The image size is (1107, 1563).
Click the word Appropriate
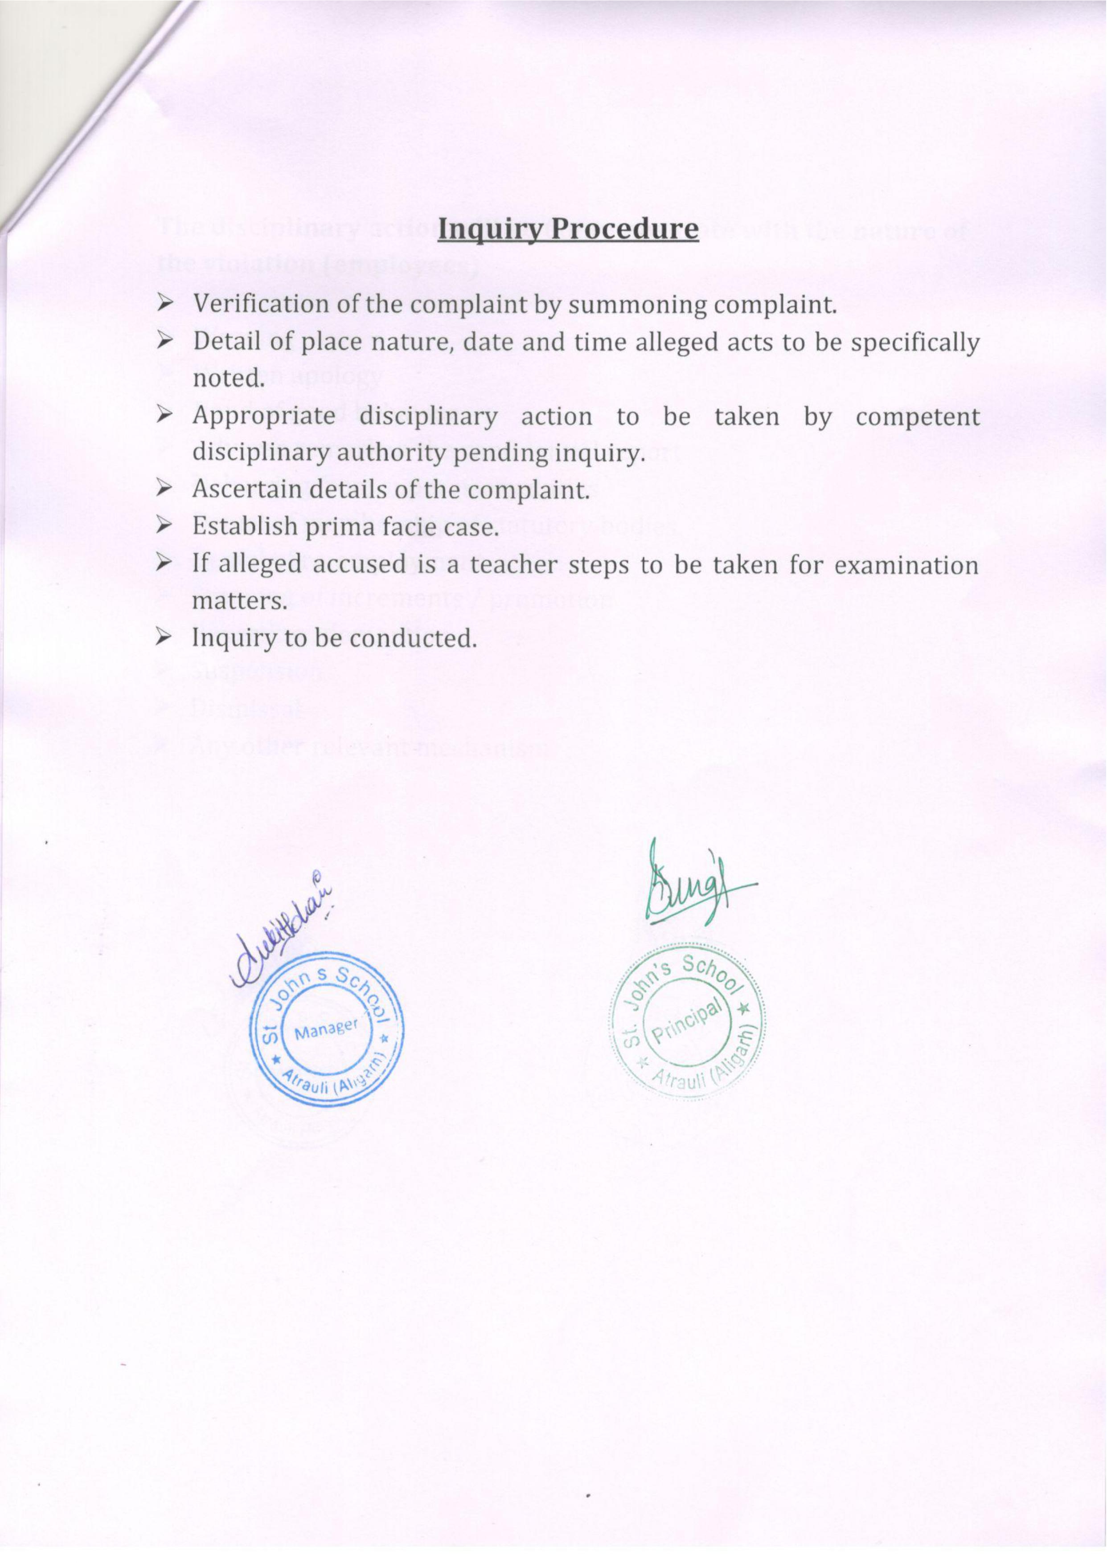[x=264, y=417]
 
